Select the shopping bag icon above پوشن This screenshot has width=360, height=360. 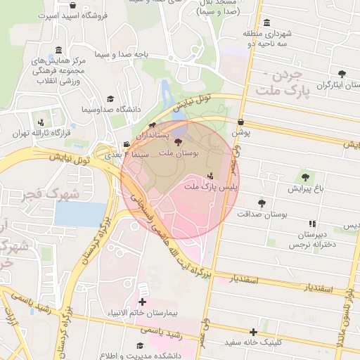(241, 121)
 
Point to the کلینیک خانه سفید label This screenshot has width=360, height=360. (254, 342)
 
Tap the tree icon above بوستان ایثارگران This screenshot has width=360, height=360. (342, 74)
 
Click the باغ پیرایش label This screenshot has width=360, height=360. (305, 189)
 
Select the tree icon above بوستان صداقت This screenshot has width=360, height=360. (262, 203)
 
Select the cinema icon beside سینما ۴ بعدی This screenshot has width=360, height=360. (126, 145)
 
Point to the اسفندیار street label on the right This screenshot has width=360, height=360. (307, 288)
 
